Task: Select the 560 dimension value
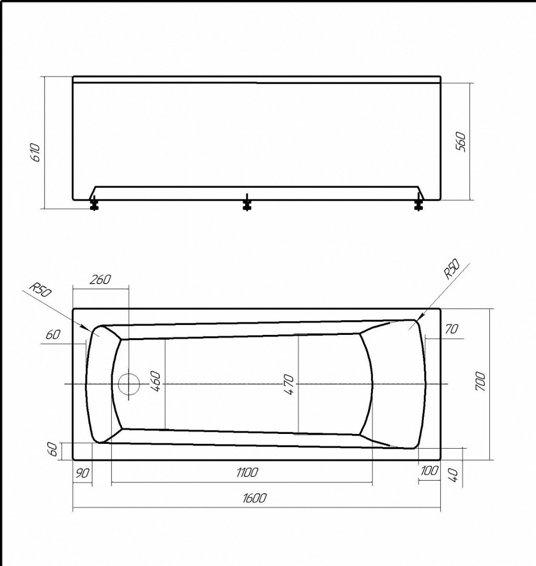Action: pos(461,142)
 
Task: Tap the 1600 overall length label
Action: pos(255,498)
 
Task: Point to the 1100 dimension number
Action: pos(247,472)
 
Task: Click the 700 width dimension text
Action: pos(480,381)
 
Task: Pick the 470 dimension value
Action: pos(289,385)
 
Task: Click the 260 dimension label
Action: pos(100,279)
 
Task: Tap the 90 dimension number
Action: pos(82,473)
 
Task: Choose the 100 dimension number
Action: pos(430,471)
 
